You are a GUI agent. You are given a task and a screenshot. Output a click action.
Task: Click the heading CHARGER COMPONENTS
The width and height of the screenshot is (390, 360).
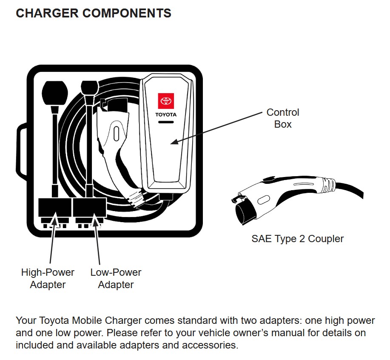pos(93,13)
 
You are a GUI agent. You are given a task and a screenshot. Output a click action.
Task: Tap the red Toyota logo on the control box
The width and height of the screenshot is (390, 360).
pos(165,101)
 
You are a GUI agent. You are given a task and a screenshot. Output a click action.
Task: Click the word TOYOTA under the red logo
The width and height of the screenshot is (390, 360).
pos(165,115)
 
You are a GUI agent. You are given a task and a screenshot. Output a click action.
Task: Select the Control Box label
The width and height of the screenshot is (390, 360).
pos(282,118)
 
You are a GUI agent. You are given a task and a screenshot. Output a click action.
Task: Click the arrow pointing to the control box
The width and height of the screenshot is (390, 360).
pos(217,128)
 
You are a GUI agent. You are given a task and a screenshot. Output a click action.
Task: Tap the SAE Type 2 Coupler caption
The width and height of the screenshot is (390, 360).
pos(297,239)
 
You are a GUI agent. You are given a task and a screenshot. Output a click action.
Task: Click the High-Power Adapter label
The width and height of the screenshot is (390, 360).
pos(48,278)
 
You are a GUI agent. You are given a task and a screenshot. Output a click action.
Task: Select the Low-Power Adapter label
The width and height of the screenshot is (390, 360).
pos(116,278)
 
